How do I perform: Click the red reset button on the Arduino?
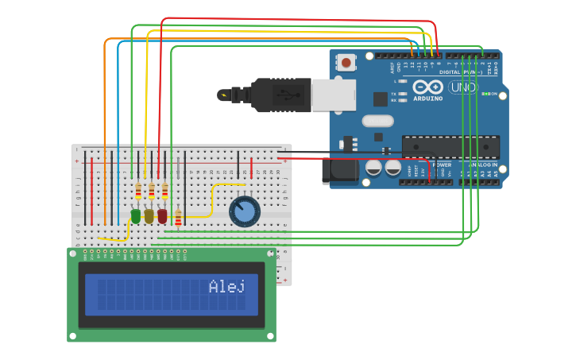[x=346, y=61]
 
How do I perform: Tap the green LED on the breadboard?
[x=136, y=215]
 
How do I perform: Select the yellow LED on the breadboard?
[x=149, y=215]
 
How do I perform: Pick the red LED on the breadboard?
[x=162, y=215]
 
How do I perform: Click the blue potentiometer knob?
[x=244, y=212]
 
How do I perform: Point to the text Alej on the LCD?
[x=226, y=287]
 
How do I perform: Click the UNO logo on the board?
[x=463, y=87]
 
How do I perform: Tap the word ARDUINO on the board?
[x=427, y=99]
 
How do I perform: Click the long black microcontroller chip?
[x=450, y=147]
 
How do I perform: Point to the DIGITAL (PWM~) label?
[x=467, y=72]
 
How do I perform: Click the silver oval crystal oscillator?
[x=377, y=121]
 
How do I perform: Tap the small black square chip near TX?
[x=380, y=99]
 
